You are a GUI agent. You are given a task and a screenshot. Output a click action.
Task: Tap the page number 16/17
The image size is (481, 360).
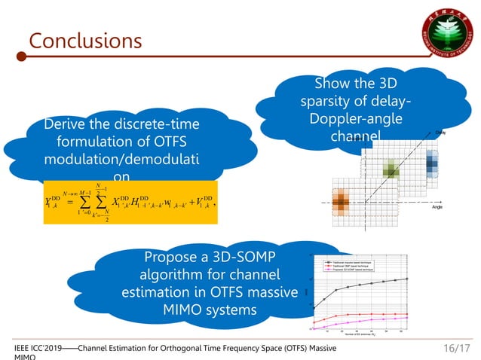coord(455,349)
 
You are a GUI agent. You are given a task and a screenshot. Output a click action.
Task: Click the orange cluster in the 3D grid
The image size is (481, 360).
coord(340,201)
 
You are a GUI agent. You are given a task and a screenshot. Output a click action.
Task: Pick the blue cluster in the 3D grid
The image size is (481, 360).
coord(432,160)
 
